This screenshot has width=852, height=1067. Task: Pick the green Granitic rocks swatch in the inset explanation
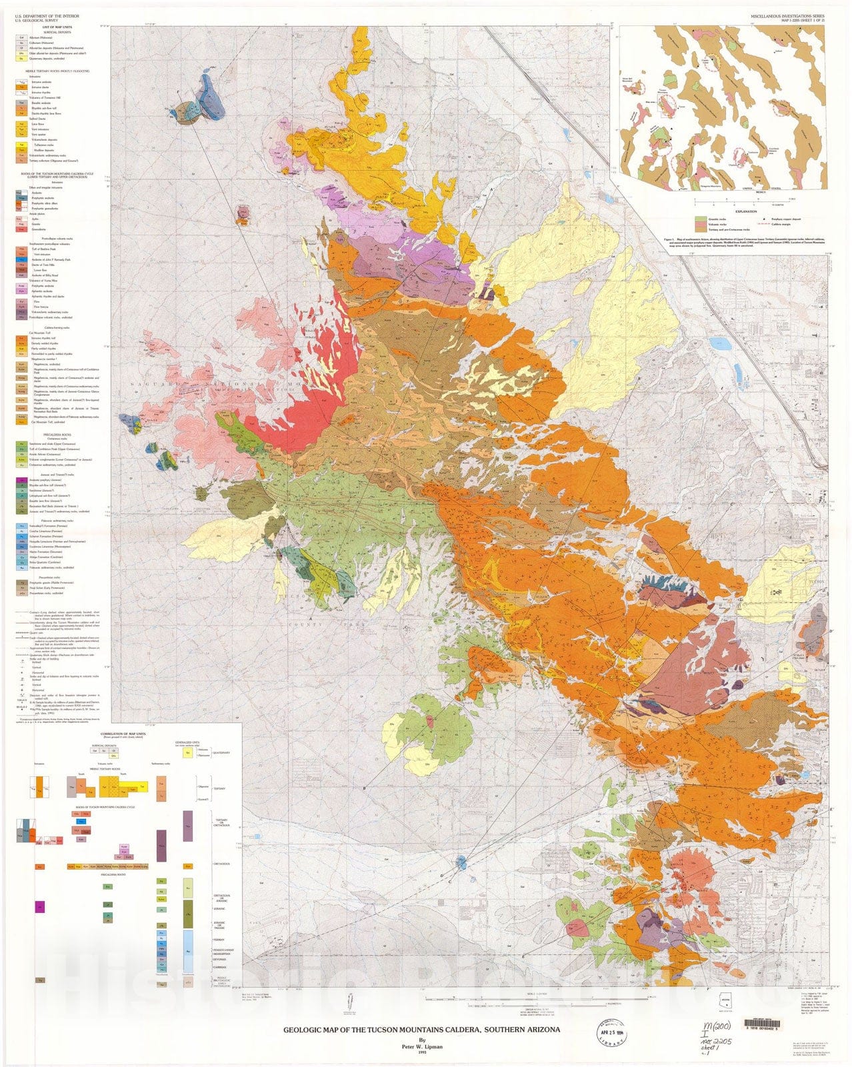(x=700, y=218)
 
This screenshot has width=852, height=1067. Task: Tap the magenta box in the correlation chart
(x=40, y=906)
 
